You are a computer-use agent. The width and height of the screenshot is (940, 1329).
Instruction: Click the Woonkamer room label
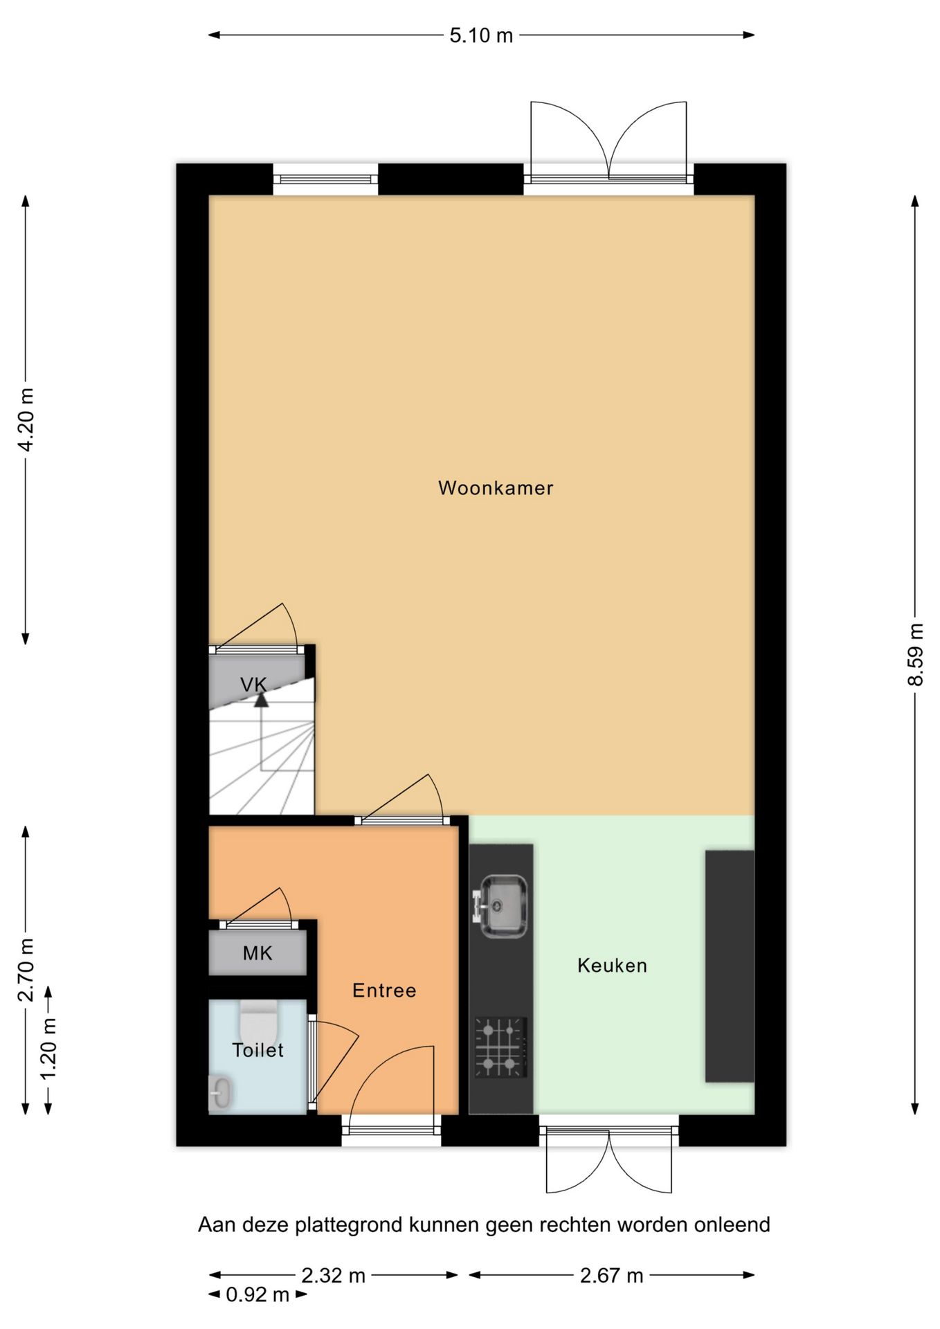click(496, 488)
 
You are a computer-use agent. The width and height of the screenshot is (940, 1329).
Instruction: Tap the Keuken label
click(612, 966)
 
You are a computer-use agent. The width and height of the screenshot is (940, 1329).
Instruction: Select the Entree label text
click(384, 991)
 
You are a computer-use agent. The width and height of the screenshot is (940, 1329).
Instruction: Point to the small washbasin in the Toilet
click(221, 1092)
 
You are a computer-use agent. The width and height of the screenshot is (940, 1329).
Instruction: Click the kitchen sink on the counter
click(503, 906)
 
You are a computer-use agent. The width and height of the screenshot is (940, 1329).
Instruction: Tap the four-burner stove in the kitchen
click(500, 1047)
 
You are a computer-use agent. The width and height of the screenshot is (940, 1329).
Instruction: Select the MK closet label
click(257, 954)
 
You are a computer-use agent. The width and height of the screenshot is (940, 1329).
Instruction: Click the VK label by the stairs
click(253, 685)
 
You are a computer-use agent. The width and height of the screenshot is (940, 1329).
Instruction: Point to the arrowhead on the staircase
click(261, 700)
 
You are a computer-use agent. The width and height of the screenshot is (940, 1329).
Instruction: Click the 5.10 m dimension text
click(481, 35)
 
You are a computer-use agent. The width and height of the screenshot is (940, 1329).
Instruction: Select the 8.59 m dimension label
click(915, 654)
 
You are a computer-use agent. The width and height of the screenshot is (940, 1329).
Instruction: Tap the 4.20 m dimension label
click(26, 419)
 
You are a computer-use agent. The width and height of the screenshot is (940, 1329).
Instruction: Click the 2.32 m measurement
click(333, 1275)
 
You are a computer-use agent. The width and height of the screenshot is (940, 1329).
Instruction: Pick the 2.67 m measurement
click(611, 1275)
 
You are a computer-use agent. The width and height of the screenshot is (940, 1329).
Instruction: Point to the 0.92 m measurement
click(257, 1294)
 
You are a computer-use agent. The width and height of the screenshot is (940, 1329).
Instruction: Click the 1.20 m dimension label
click(48, 1048)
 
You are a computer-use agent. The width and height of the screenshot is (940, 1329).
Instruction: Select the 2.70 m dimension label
click(26, 970)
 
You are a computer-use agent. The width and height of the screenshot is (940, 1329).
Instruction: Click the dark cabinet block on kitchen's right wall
click(729, 966)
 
